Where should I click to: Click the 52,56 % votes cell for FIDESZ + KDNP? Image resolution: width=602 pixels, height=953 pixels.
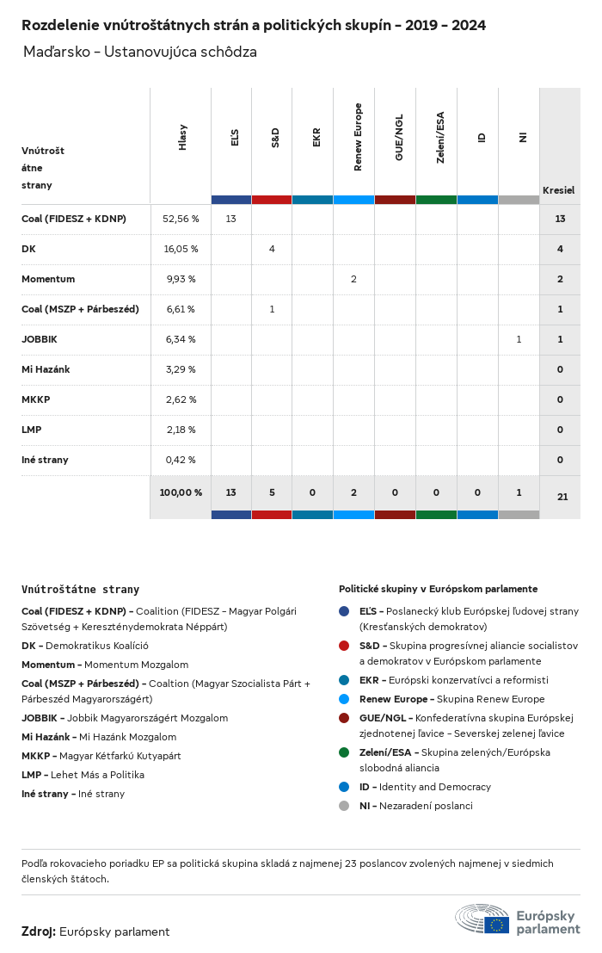pyautogui.click(x=181, y=219)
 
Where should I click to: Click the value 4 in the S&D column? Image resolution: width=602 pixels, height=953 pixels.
pyautogui.click(x=272, y=249)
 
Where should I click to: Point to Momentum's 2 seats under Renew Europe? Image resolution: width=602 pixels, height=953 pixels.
pyautogui.click(x=353, y=279)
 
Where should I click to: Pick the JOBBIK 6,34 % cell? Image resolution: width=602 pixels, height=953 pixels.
pyautogui.click(x=181, y=339)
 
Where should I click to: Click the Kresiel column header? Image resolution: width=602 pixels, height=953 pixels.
pyautogui.click(x=558, y=189)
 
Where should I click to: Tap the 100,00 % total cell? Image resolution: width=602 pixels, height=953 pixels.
pyautogui.click(x=181, y=492)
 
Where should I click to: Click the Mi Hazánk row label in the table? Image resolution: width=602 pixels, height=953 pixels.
pyautogui.click(x=46, y=369)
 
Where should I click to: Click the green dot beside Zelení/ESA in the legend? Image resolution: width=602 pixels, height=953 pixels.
pyautogui.click(x=344, y=752)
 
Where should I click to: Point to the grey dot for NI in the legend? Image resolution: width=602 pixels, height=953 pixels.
pyautogui.click(x=344, y=806)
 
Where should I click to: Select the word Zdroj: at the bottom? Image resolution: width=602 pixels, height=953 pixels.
pyautogui.click(x=39, y=931)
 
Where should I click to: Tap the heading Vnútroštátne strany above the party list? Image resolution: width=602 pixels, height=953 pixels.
pyautogui.click(x=80, y=590)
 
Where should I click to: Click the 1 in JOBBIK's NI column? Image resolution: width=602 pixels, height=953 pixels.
pyautogui.click(x=519, y=339)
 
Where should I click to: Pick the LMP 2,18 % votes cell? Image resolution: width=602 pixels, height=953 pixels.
pyautogui.click(x=181, y=430)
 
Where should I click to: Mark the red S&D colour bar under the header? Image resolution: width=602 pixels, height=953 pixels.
pyautogui.click(x=272, y=200)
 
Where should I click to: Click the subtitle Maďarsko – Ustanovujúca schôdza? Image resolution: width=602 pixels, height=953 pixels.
pyautogui.click(x=140, y=52)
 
